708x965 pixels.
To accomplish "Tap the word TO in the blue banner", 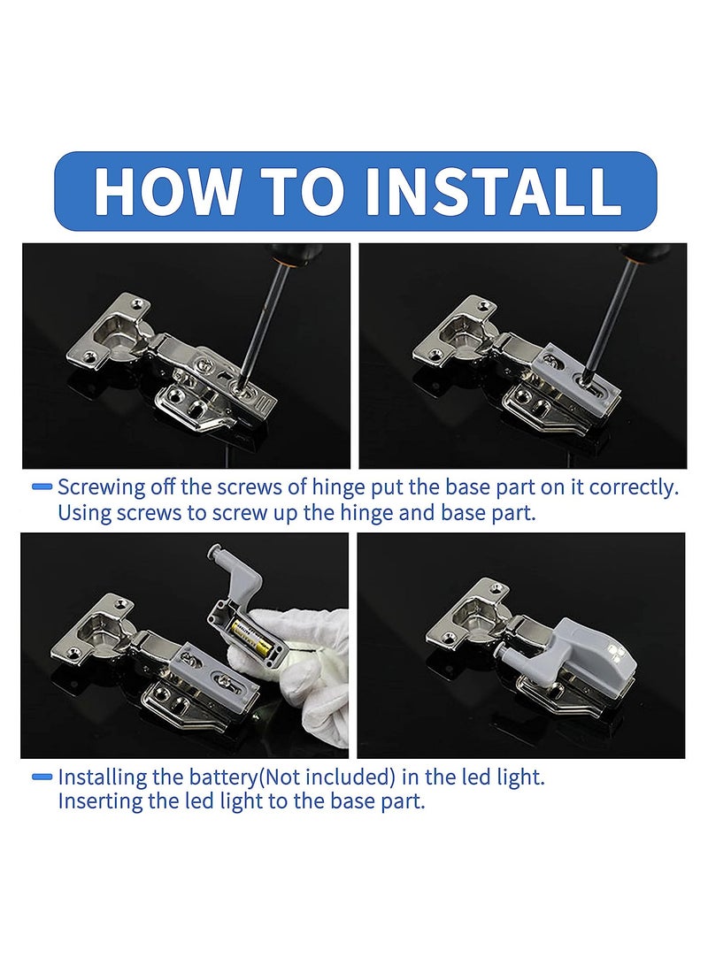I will [304, 190].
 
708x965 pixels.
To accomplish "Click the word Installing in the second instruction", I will [102, 778].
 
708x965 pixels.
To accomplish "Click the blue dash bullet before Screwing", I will [42, 487].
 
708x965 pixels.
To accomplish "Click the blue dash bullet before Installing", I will [42, 778].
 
